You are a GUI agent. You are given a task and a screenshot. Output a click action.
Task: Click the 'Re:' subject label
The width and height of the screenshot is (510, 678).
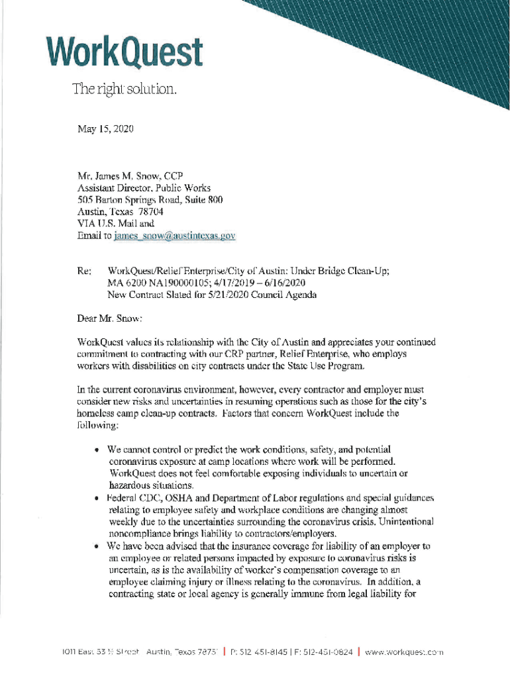(x=85, y=271)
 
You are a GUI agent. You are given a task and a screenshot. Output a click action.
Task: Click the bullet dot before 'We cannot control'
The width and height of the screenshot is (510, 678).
(x=97, y=450)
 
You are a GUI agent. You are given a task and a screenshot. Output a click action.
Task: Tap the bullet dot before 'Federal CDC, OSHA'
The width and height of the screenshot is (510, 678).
(x=97, y=498)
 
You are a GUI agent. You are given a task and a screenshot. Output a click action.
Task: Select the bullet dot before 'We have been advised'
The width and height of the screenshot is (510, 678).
(x=97, y=547)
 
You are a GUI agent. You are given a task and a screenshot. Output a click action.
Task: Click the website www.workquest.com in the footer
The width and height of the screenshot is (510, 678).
(x=405, y=652)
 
